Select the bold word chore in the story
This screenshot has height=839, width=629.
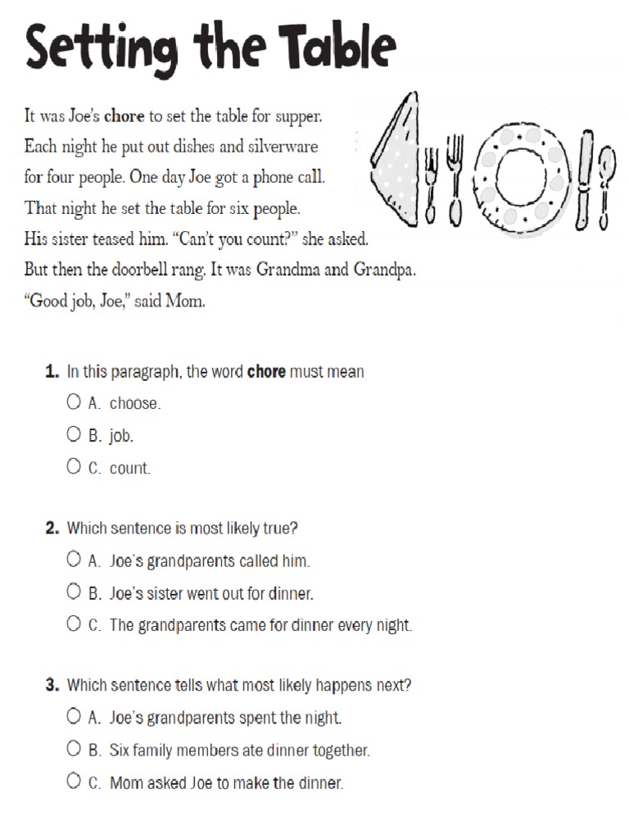[124, 116]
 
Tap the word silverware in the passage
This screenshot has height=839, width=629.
[278, 147]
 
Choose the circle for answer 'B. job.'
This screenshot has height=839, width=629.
[74, 434]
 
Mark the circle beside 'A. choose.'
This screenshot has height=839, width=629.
[74, 401]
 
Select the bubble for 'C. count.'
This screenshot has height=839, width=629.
[74, 467]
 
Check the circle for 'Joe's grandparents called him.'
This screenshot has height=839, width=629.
[74, 560]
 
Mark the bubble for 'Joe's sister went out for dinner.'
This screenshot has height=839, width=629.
[74, 592]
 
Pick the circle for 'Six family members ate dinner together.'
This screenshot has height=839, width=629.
[74, 749]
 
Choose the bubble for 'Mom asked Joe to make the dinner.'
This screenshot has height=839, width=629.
[74, 781]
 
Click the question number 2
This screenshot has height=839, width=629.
[52, 528]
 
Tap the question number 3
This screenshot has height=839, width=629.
[52, 685]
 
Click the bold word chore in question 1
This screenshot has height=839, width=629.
[266, 372]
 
